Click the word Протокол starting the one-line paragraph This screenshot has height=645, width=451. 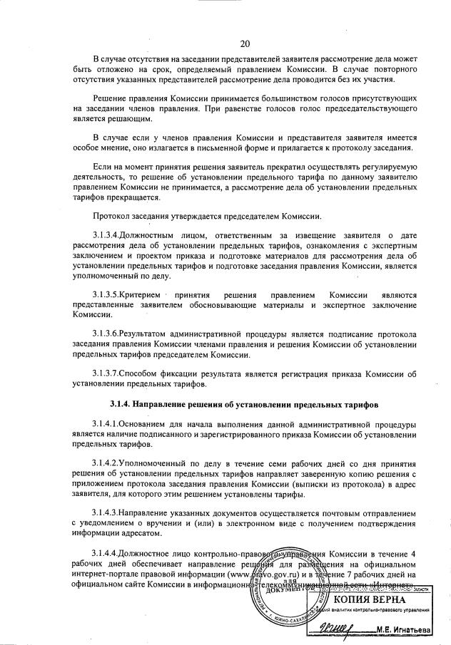coord(111,216)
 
